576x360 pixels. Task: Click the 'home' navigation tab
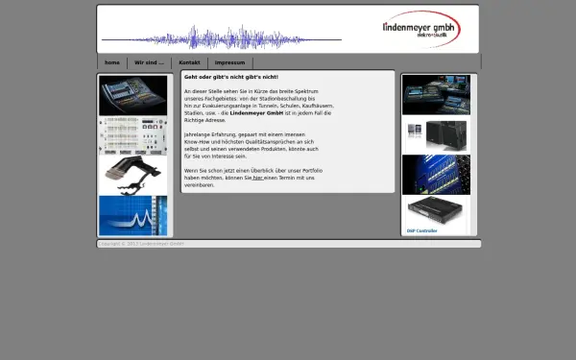pyautogui.click(x=112, y=62)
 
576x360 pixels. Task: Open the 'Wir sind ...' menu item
pyautogui.click(x=148, y=62)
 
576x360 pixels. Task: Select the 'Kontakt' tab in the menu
pyautogui.click(x=189, y=62)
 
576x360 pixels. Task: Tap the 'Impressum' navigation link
pyautogui.click(x=229, y=62)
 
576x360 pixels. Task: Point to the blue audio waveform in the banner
pyautogui.click(x=221, y=39)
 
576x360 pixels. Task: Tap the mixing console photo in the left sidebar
pyautogui.click(x=132, y=95)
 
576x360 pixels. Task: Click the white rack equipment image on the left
pyautogui.click(x=132, y=135)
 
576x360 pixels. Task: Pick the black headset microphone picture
pyautogui.click(x=132, y=175)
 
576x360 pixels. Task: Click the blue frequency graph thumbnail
pyautogui.click(x=132, y=215)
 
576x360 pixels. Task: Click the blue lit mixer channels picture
pyautogui.click(x=436, y=174)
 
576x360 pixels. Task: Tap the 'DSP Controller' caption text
pyautogui.click(x=421, y=231)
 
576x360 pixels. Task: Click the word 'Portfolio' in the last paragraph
pyautogui.click(x=310, y=171)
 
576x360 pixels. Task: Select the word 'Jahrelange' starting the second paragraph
pyautogui.click(x=199, y=134)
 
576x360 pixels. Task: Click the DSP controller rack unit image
pyautogui.click(x=436, y=210)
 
